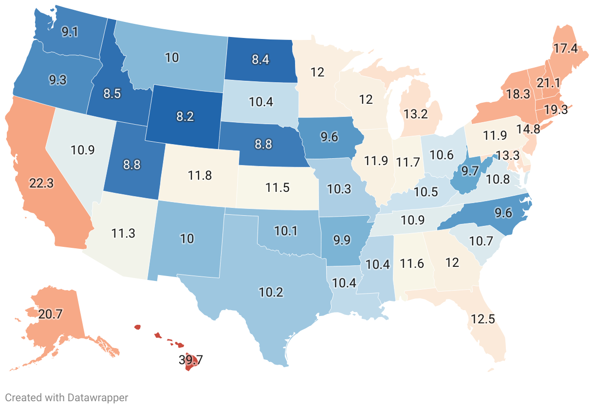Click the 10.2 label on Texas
point(271,292)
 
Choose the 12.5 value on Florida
point(483,319)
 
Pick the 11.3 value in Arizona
point(123,234)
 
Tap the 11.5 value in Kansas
point(278,186)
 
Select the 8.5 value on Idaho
point(112,93)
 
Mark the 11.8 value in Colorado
point(200,175)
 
